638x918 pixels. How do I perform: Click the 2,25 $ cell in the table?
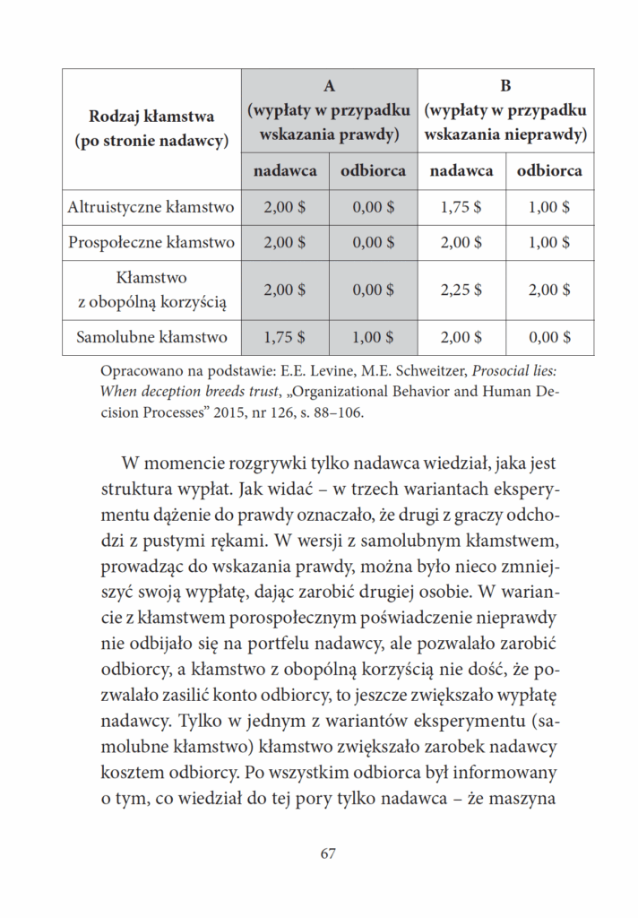point(461,290)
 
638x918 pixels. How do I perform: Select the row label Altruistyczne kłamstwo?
point(151,207)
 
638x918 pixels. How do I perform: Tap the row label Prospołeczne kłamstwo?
point(151,242)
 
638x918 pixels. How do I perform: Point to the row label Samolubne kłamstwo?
point(151,337)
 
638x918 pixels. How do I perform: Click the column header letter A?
point(329,86)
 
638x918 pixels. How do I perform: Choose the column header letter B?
point(505,86)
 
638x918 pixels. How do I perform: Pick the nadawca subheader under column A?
point(285,170)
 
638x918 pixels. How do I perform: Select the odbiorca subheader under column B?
point(549,170)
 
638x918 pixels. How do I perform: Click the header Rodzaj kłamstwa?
point(151,116)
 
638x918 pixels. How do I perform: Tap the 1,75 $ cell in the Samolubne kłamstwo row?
point(285,337)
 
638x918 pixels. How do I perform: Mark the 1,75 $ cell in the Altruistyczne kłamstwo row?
point(461,207)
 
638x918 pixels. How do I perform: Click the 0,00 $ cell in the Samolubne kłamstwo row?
point(549,337)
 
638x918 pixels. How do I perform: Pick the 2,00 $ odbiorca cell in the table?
point(549,290)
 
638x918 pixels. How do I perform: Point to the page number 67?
point(327,853)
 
